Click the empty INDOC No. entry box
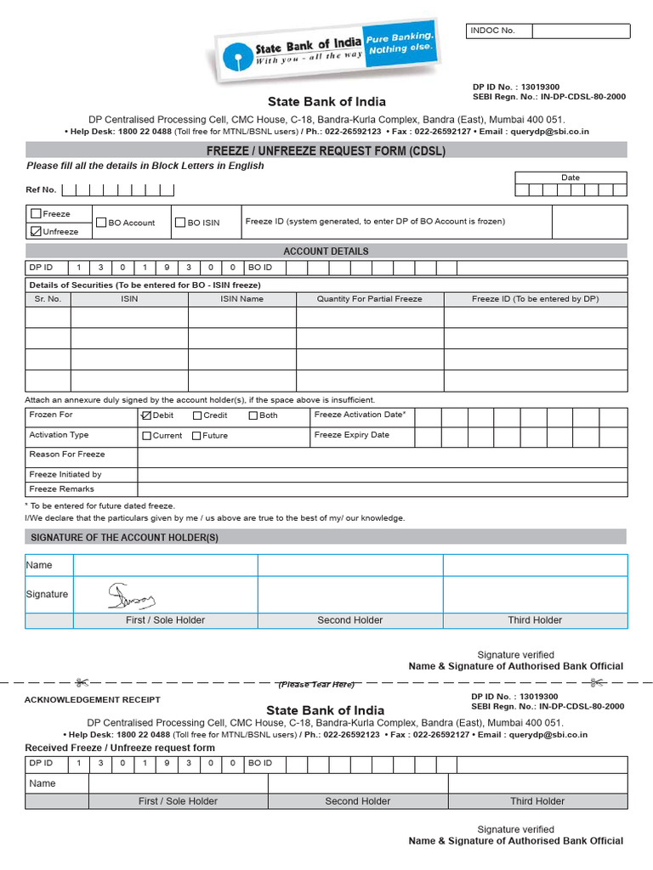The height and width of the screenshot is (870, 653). [x=581, y=31]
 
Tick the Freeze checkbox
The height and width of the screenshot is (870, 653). [x=36, y=214]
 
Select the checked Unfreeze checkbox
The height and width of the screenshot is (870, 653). [x=36, y=231]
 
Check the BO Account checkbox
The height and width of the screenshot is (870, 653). [x=101, y=223]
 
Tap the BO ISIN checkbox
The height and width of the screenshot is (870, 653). [x=180, y=223]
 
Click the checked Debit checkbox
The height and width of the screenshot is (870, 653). [x=145, y=415]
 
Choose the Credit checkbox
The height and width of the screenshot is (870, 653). [x=197, y=415]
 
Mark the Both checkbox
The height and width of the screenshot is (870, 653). [x=253, y=415]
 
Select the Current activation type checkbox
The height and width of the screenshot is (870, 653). [x=146, y=436]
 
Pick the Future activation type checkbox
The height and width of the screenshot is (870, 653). [x=196, y=436]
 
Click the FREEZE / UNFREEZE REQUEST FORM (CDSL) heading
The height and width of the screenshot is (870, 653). [x=326, y=151]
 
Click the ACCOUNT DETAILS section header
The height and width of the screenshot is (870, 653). [x=326, y=251]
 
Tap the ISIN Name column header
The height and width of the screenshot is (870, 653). [x=241, y=299]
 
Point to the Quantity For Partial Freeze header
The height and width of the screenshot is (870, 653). [x=369, y=299]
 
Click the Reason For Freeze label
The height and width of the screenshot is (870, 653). [x=67, y=455]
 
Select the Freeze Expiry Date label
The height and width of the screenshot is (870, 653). [x=351, y=435]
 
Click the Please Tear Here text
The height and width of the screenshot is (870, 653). [x=316, y=684]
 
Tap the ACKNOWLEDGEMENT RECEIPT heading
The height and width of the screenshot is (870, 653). [x=92, y=699]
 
